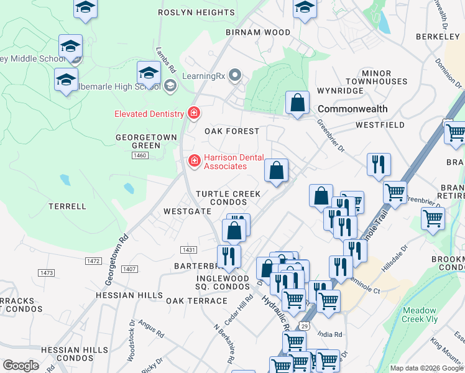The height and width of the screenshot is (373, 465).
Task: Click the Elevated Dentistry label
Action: [149, 114]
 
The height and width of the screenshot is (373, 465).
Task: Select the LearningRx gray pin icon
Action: [235, 76]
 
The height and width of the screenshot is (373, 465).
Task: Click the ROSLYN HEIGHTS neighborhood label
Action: [196, 12]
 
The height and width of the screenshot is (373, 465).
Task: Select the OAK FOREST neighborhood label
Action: [232, 131]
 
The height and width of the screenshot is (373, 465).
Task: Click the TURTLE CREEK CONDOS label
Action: [228, 198]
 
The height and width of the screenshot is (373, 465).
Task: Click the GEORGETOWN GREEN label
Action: [137, 141]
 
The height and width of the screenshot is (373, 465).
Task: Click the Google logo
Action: [21, 366]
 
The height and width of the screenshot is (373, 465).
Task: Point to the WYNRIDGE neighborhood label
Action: [341, 91]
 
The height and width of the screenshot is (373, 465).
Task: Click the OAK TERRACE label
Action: [196, 301]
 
